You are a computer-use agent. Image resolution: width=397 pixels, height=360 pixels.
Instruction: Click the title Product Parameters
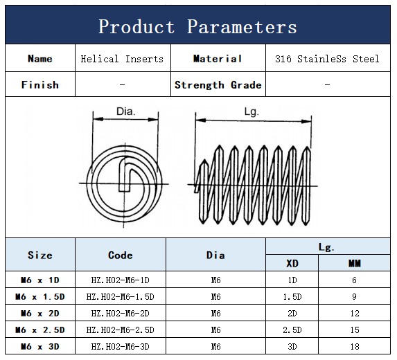coord(197,26)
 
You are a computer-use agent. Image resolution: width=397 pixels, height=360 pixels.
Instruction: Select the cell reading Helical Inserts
coord(122,59)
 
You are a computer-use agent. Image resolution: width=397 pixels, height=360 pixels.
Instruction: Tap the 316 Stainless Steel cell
coord(327,59)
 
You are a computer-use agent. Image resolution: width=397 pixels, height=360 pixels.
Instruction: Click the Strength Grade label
coord(218,85)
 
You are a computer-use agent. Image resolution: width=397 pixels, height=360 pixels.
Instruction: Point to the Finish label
coord(40,85)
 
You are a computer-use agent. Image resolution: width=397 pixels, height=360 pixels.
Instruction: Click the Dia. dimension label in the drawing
coord(125,111)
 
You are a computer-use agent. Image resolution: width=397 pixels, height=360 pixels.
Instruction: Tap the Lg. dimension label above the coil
coord(252,111)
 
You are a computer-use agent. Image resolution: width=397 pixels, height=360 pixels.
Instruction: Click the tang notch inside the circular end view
coord(125,174)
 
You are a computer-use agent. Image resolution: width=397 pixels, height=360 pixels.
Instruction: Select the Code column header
coord(121,255)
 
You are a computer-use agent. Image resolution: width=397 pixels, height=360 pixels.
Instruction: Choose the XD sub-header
coord(292,264)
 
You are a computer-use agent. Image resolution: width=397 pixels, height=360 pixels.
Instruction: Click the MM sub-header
coord(355,264)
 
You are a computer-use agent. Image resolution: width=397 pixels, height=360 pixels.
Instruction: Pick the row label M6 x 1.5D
coord(40,296)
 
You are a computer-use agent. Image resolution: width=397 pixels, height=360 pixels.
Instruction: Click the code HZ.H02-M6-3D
coord(121,346)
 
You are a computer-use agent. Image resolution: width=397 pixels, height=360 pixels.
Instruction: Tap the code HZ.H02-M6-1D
coord(121,280)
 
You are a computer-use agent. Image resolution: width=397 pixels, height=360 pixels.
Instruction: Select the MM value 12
coord(355,314)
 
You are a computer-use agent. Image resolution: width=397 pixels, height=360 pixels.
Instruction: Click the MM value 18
coord(355,346)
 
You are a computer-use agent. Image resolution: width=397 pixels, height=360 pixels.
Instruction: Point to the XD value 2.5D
coord(292,330)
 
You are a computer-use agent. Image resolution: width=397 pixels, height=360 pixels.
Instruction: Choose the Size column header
coord(40,255)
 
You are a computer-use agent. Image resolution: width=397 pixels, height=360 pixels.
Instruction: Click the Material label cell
coord(218,59)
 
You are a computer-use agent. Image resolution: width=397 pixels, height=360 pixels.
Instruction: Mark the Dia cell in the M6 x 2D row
coord(216,314)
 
